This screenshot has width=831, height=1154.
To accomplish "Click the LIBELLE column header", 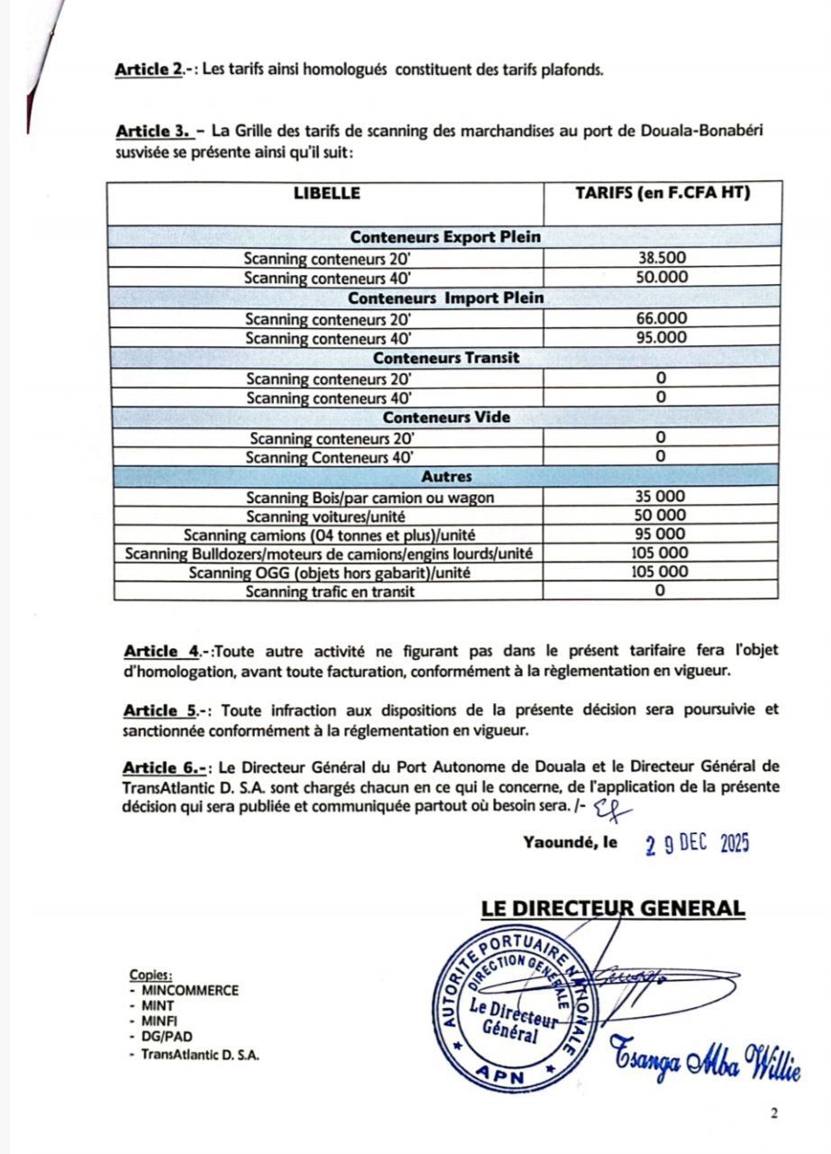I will click(x=326, y=193).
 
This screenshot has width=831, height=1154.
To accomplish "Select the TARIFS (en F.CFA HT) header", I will click(x=662, y=193).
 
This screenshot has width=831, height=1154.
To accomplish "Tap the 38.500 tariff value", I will click(x=662, y=258).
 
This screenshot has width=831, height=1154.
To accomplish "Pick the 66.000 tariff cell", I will click(x=662, y=318).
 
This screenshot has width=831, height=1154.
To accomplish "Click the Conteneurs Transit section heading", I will click(x=445, y=358).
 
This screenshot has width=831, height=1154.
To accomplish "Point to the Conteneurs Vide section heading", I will click(x=445, y=418).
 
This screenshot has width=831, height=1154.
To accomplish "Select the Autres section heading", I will click(x=445, y=476).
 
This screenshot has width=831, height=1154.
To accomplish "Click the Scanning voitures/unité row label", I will click(x=328, y=516).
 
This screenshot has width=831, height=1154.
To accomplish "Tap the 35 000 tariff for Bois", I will click(x=662, y=497).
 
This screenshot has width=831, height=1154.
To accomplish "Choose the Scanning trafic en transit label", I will click(x=328, y=591).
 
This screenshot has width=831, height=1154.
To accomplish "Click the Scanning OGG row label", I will click(x=328, y=572).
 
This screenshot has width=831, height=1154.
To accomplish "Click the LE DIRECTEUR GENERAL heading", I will click(x=613, y=908).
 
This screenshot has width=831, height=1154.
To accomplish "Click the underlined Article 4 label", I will click(x=162, y=650).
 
